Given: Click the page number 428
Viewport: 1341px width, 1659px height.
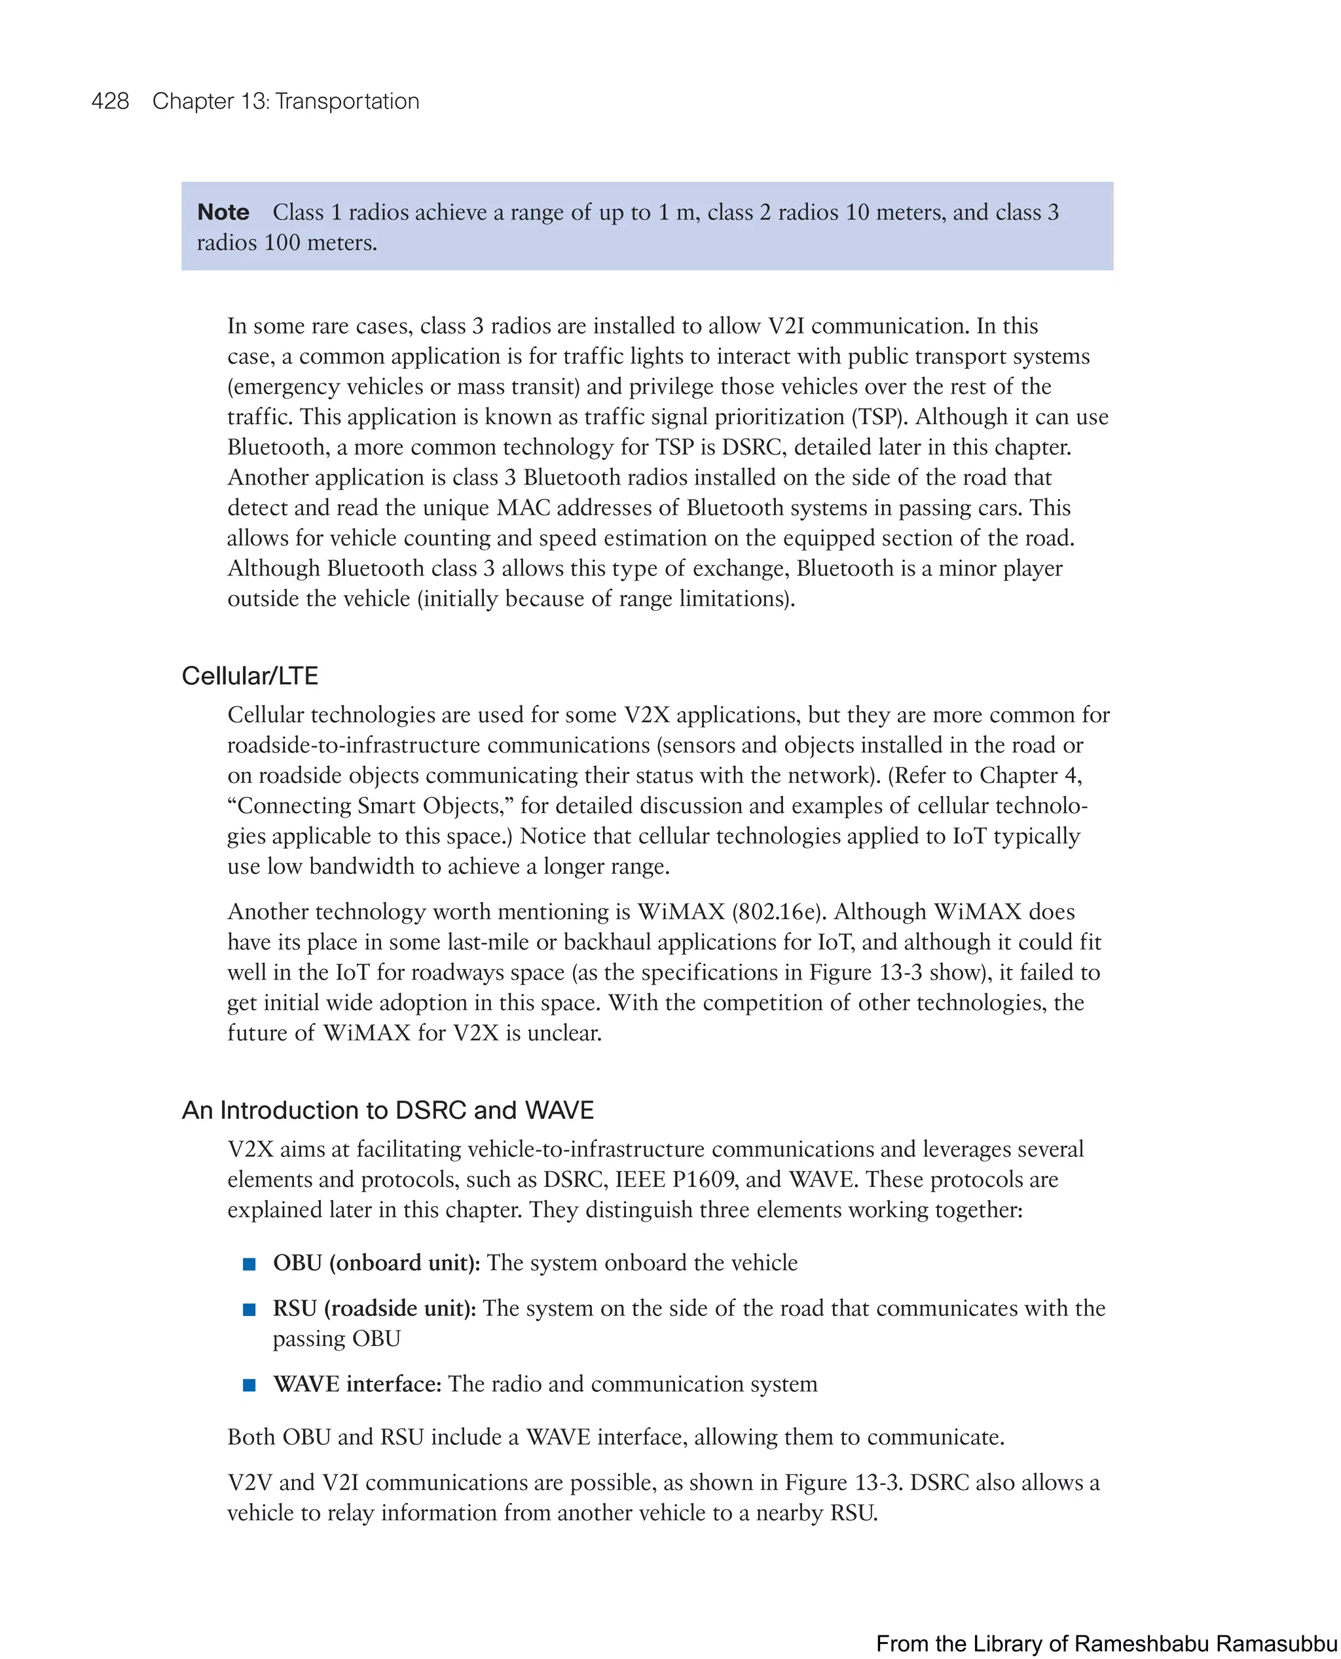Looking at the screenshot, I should tap(110, 101).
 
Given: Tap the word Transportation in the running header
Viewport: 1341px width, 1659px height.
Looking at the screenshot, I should tap(347, 101).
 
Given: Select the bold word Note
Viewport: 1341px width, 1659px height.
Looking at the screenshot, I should tap(223, 212).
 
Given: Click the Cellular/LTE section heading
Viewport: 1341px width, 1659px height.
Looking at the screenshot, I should tap(249, 676).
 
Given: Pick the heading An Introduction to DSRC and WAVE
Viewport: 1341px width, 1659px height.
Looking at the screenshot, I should tap(388, 1110).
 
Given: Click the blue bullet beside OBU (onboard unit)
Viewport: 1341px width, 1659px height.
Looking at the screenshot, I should tap(249, 1264).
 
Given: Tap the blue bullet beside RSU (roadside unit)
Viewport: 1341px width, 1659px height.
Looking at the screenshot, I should tap(249, 1309).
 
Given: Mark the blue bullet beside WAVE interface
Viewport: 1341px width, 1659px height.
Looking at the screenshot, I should tap(249, 1385).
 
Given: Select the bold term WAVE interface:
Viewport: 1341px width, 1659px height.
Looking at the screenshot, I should tap(357, 1384).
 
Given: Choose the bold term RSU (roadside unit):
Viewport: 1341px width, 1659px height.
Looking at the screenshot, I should tap(375, 1308).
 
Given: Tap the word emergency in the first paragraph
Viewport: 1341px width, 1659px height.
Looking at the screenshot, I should tap(285, 387).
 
